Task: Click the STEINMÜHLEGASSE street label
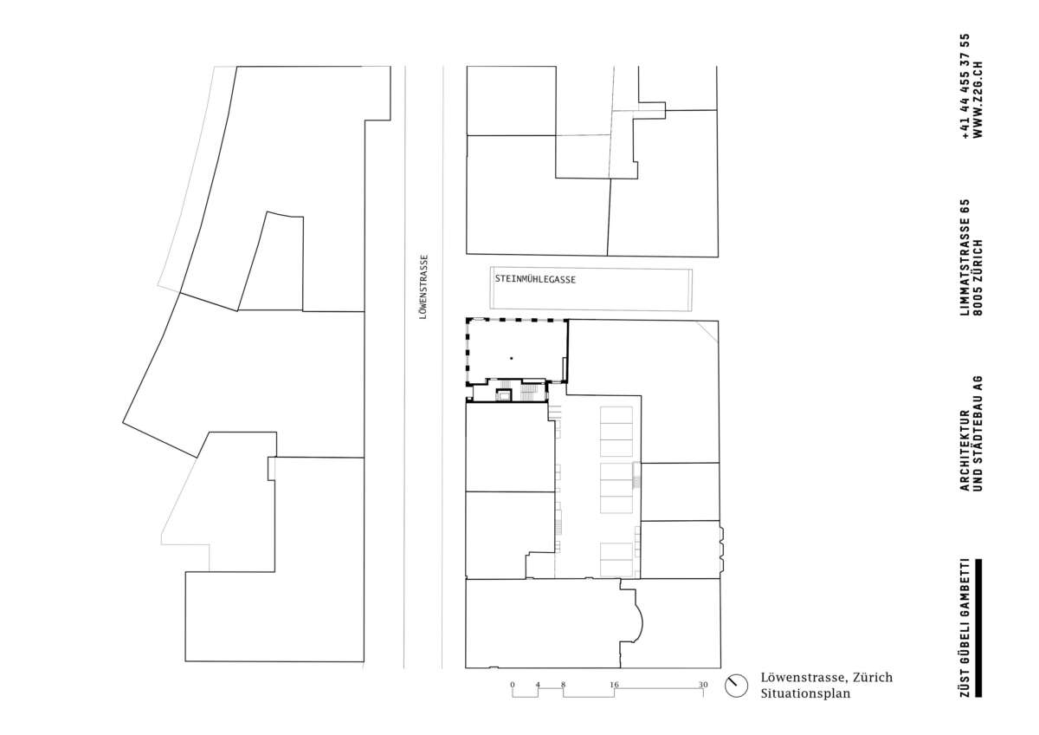pyautogui.click(x=535, y=279)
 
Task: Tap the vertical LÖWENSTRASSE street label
pyautogui.click(x=423, y=287)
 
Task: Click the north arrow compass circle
pyautogui.click(x=736, y=686)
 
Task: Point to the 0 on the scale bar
pyautogui.click(x=512, y=685)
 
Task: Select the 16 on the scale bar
pyautogui.click(x=614, y=685)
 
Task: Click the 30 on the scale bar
pyautogui.click(x=703, y=685)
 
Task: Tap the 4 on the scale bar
pyautogui.click(x=538, y=685)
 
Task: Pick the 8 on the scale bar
pyautogui.click(x=563, y=685)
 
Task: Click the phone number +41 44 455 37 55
pyautogui.click(x=965, y=87)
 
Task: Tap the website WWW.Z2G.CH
pyautogui.click(x=978, y=100)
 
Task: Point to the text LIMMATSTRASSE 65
pyautogui.click(x=965, y=257)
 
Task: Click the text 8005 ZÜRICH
pyautogui.click(x=978, y=277)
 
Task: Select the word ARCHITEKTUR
pyautogui.click(x=965, y=451)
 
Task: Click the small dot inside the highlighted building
pyautogui.click(x=511, y=358)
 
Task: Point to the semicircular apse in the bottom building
pyautogui.click(x=639, y=621)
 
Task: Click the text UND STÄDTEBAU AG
pyautogui.click(x=978, y=433)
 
